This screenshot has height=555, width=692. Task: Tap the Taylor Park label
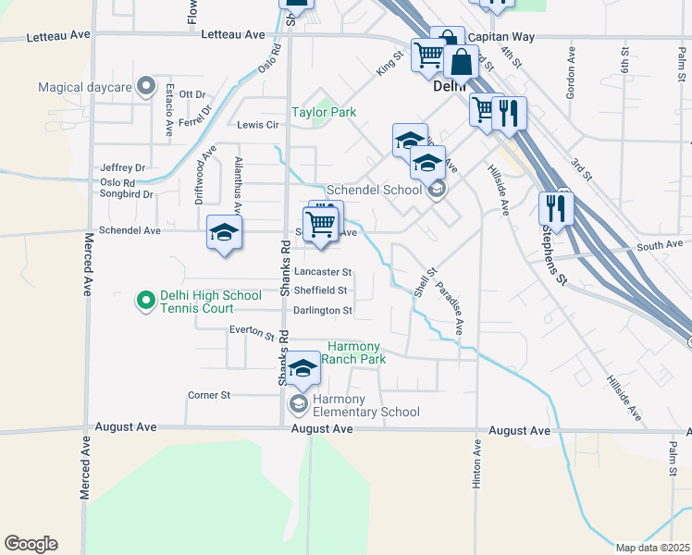point(324,112)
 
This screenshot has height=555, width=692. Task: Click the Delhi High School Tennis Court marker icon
point(145,300)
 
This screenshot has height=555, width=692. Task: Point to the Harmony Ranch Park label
point(354,352)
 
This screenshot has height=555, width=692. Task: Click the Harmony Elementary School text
point(365,405)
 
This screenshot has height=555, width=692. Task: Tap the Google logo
point(31,544)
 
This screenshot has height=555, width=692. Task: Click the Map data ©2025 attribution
point(653,548)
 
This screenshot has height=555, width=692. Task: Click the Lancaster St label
point(323,272)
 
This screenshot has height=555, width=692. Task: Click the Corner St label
point(208,395)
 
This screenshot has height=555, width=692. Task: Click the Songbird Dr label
point(129,195)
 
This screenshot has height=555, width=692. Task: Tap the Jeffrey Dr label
point(123,167)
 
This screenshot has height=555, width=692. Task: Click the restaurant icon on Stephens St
point(556,208)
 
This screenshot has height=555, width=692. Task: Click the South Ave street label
point(659,245)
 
